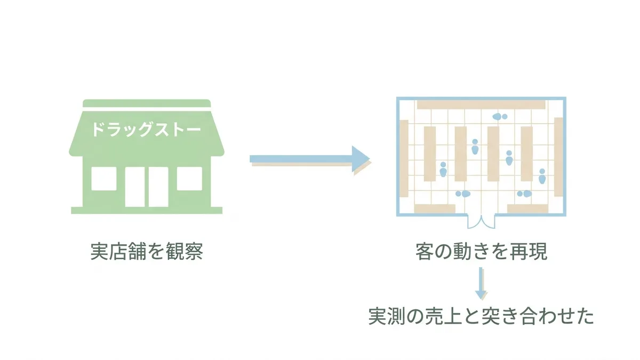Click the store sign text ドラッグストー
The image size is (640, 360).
[146, 130]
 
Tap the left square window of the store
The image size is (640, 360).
[103, 179]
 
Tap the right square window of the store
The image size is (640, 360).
[189, 179]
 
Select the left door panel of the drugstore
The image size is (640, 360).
[135, 187]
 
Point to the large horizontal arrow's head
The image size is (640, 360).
[361, 159]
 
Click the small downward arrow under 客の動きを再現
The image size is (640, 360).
[481, 283]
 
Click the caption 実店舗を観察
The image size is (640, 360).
[147, 251]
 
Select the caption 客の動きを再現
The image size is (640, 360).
[482, 251]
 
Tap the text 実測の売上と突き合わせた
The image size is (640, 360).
[481, 316]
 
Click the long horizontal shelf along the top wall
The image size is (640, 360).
[481, 105]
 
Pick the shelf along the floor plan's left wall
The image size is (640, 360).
[404, 158]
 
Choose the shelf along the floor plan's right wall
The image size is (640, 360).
[558, 157]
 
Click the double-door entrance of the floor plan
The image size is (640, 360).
[482, 222]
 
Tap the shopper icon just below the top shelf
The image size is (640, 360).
[500, 117]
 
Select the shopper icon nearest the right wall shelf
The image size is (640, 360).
[542, 176]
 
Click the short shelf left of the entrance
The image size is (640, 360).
[435, 209]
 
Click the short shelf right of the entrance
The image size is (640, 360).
[527, 209]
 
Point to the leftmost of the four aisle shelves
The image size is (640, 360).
[430, 154]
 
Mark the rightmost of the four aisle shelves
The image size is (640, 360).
[527, 154]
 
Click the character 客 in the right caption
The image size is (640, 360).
[425, 251]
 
